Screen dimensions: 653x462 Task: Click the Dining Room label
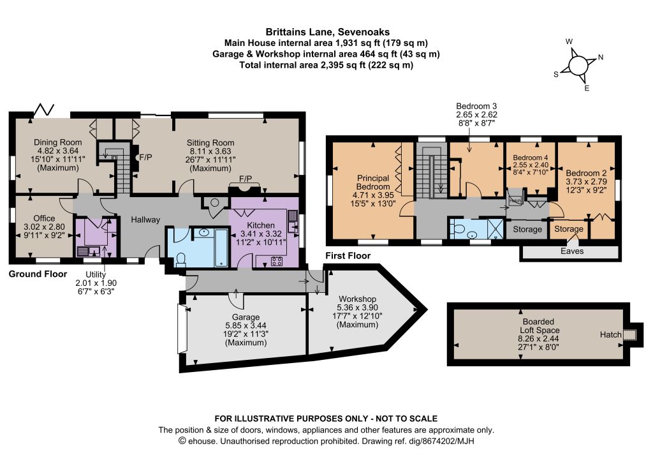pyautogui.click(x=58, y=142)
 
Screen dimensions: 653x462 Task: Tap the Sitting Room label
pyautogui.click(x=210, y=143)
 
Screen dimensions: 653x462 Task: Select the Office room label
pyautogui.click(x=44, y=218)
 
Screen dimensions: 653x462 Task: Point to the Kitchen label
pyautogui.click(x=261, y=225)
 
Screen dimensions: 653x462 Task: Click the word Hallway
pyautogui.click(x=145, y=220)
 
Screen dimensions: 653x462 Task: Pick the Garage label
pyautogui.click(x=246, y=317)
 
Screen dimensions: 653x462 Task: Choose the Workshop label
pyautogui.click(x=357, y=299)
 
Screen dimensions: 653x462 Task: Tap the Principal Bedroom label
pyautogui.click(x=373, y=183)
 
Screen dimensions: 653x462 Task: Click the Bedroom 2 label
pyautogui.click(x=585, y=174)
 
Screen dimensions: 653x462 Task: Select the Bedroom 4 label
pyautogui.click(x=531, y=158)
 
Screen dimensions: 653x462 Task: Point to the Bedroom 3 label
pyautogui.click(x=476, y=106)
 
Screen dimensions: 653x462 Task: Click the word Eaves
pyautogui.click(x=572, y=251)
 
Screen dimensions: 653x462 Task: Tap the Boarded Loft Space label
pyautogui.click(x=539, y=326)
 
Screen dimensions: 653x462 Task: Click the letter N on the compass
pyautogui.click(x=601, y=57)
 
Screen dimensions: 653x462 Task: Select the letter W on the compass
pyautogui.click(x=569, y=41)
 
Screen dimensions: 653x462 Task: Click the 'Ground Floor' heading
pyautogui.click(x=38, y=274)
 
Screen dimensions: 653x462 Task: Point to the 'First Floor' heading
pyautogui.click(x=348, y=256)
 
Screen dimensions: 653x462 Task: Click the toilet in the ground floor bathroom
pyautogui.click(x=180, y=260)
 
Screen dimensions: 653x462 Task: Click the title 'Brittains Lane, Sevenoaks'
pyautogui.click(x=328, y=32)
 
